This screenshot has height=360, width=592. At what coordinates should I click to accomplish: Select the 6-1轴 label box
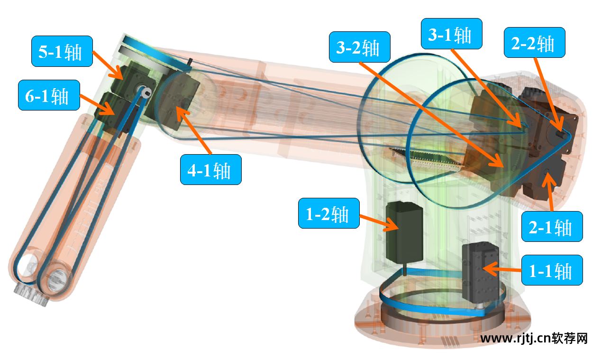tap(49, 95)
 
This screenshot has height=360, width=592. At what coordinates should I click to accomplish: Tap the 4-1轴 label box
tap(211, 170)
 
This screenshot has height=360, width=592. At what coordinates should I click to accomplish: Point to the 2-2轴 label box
tap(535, 43)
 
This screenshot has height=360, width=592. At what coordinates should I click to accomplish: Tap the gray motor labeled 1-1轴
tap(480, 273)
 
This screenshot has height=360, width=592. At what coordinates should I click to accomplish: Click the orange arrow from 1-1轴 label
tap(502, 269)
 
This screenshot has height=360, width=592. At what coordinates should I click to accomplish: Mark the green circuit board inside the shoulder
tap(427, 159)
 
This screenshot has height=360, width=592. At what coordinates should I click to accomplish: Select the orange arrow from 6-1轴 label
tap(97, 105)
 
